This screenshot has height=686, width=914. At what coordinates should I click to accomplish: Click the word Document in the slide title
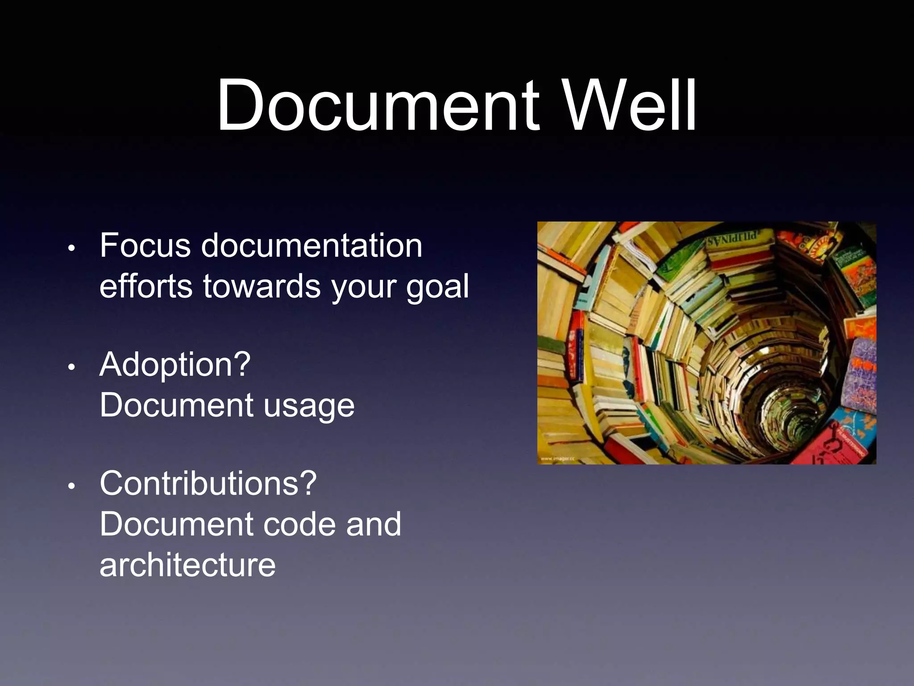378,106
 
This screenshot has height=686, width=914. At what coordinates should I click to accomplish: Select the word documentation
312,246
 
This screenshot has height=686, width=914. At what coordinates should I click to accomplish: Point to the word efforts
146,286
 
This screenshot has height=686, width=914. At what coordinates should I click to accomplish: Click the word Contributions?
208,484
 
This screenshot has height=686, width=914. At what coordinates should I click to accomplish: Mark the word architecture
187,565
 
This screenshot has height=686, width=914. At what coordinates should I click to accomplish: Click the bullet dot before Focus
71,249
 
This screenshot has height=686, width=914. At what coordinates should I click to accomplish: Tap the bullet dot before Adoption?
71,368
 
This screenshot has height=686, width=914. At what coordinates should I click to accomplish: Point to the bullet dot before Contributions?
71,486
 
